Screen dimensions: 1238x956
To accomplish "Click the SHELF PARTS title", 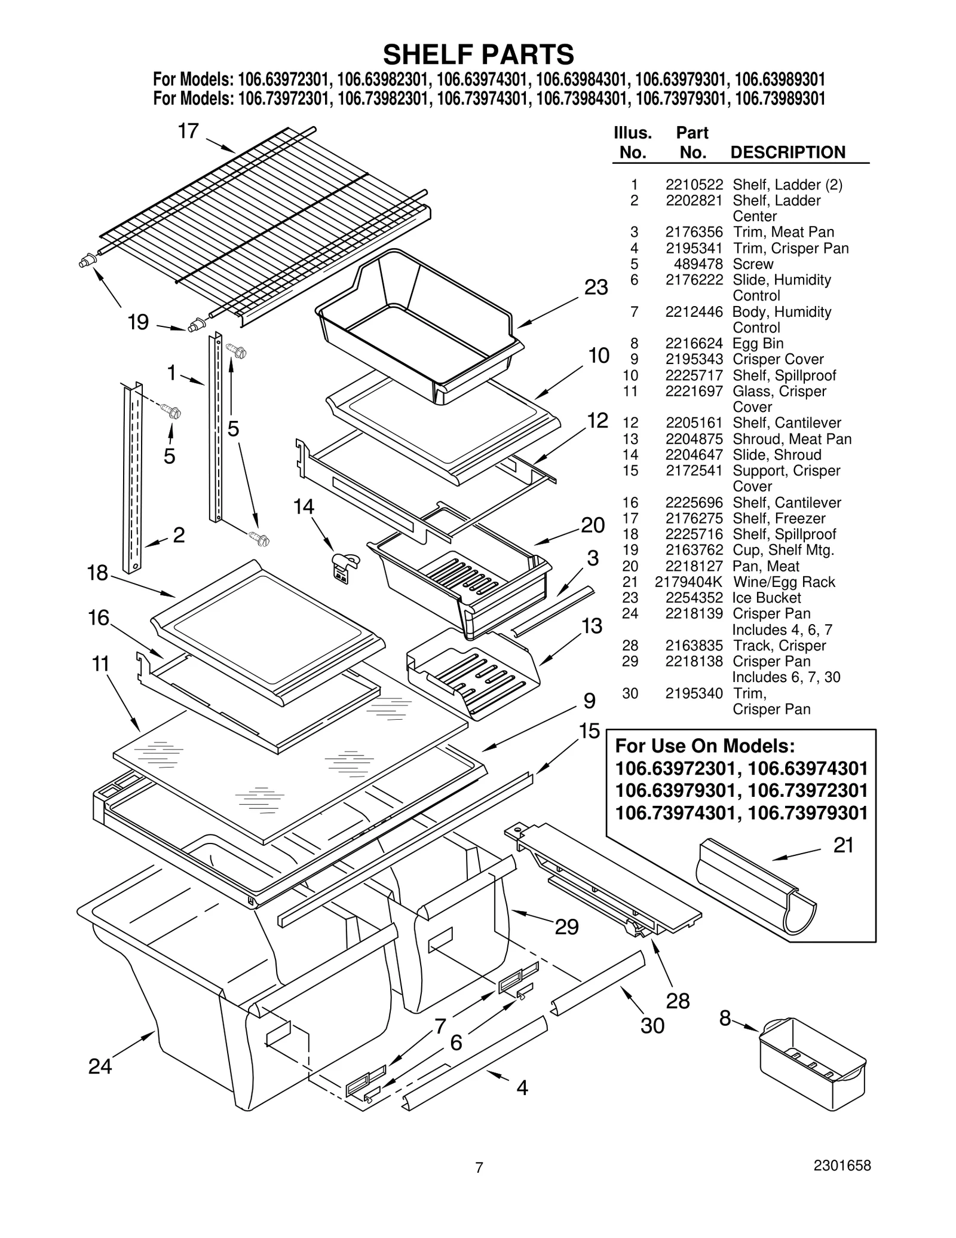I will pyautogui.click(x=478, y=55).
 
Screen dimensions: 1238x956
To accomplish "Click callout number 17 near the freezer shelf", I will pyautogui.click(x=188, y=131).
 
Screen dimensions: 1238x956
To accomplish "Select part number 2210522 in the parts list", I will pyautogui.click(x=694, y=185).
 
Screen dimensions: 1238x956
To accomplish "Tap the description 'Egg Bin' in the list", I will pyautogui.click(x=758, y=343).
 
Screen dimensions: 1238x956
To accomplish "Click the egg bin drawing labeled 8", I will pyautogui.click(x=811, y=1060).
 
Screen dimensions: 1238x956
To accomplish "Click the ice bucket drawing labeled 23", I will pyautogui.click(x=418, y=323).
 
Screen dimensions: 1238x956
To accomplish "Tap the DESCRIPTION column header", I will pyautogui.click(x=788, y=152).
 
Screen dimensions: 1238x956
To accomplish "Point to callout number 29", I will pyautogui.click(x=566, y=927).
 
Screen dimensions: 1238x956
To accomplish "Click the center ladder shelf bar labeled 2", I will pyautogui.click(x=132, y=478).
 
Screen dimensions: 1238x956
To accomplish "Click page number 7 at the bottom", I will pyautogui.click(x=479, y=1184).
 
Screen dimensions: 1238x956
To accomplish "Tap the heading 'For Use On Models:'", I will pyautogui.click(x=704, y=746).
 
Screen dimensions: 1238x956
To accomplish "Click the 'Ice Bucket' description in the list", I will pyautogui.click(x=766, y=598).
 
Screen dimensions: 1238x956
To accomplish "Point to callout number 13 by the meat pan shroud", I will pyautogui.click(x=592, y=626).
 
